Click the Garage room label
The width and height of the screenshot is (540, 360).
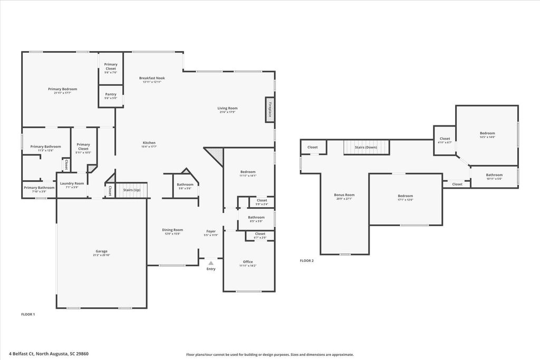[102, 251]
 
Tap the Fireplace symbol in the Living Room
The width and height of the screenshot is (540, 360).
[269, 111]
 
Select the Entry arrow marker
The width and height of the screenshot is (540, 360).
[211, 262]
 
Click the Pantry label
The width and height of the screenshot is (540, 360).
[111, 94]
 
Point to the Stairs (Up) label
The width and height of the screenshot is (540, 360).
[131, 190]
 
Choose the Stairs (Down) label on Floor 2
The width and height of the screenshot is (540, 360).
[367, 147]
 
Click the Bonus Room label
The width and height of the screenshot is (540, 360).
[344, 194]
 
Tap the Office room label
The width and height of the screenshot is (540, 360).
[248, 262]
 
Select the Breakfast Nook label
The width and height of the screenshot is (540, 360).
[152, 78]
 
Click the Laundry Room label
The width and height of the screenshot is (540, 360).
[72, 183]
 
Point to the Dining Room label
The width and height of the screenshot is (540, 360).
[172, 230]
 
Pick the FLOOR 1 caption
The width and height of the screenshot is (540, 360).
[28, 314]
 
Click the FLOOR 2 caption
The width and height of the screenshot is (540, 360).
[307, 260]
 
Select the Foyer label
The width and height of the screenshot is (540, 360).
[211, 231]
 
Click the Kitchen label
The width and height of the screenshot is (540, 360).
[149, 143]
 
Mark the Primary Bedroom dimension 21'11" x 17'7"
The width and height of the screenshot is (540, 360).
[63, 93]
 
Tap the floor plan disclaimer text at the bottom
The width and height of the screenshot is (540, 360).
[269, 355]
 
